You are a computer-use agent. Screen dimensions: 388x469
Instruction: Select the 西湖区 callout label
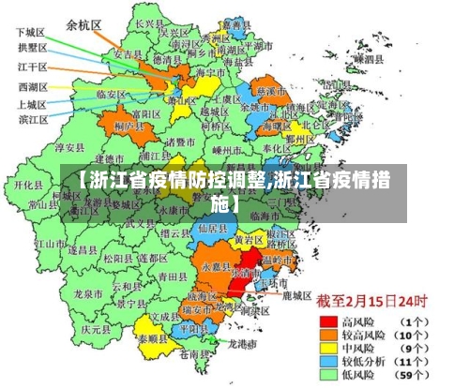click(32, 87)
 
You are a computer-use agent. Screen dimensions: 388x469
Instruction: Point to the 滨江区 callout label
click(32, 120)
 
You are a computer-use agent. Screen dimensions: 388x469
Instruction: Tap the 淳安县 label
click(70, 147)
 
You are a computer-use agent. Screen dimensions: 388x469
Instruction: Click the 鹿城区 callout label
click(296, 295)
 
